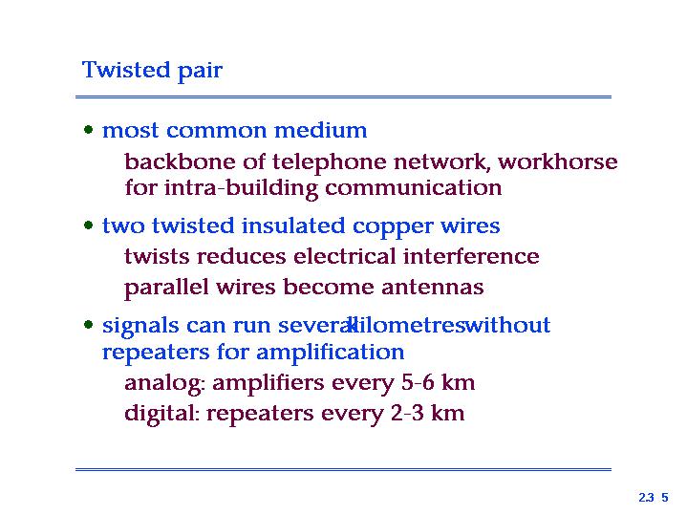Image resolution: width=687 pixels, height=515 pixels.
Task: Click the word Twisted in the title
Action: (126, 70)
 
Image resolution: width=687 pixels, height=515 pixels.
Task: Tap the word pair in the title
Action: (201, 72)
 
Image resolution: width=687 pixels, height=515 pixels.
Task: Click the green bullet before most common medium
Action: (89, 130)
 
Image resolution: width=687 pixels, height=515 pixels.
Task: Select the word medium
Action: (321, 130)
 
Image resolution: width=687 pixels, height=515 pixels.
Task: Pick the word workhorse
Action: (558, 161)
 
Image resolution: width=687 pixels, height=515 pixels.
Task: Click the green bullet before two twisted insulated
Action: (89, 225)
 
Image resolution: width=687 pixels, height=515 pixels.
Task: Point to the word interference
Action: (471, 256)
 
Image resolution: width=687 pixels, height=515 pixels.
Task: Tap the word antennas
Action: (433, 287)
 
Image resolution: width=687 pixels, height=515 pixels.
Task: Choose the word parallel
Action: (166, 289)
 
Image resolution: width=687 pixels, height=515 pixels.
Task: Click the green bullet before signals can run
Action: (89, 325)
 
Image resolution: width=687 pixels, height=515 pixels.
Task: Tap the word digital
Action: (162, 414)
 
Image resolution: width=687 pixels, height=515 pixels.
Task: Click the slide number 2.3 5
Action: (654, 498)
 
